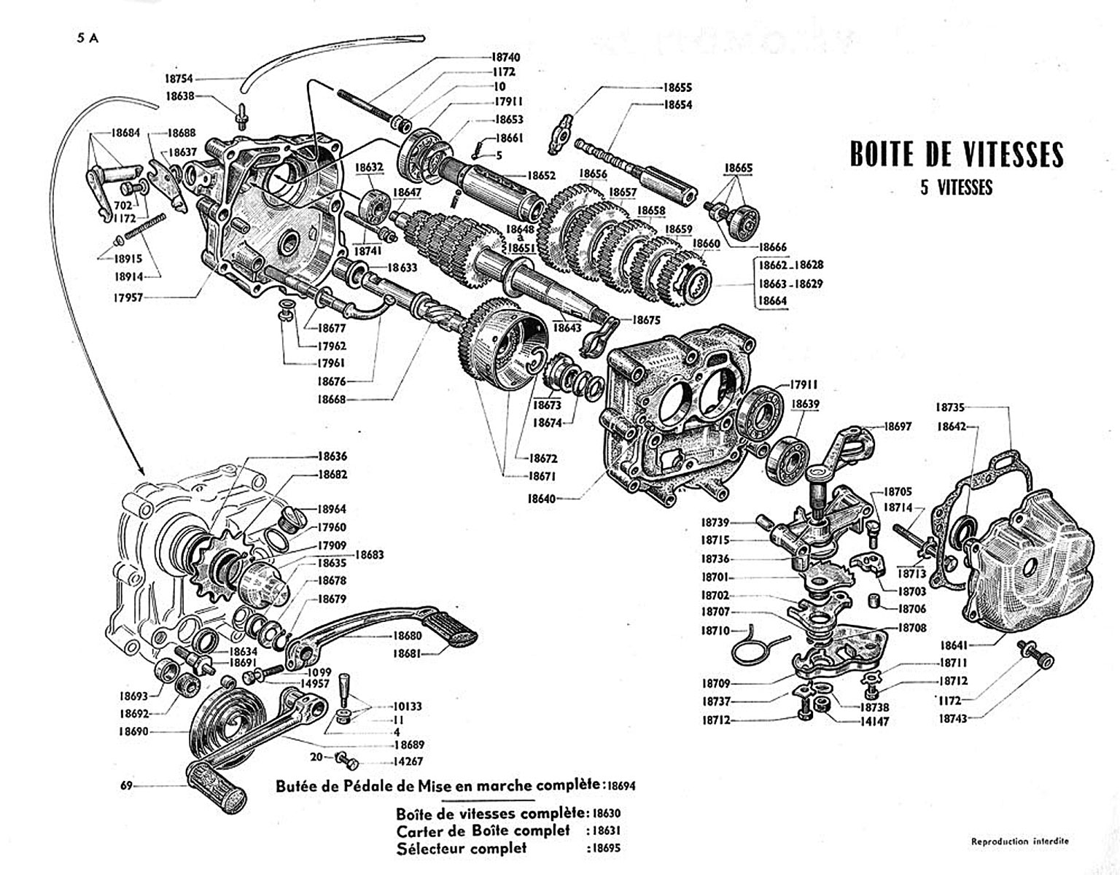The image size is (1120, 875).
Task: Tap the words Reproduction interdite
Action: (1020, 841)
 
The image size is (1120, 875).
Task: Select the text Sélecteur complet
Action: (461, 848)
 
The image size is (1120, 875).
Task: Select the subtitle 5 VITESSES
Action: (956, 187)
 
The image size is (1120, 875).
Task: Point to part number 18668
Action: (332, 399)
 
